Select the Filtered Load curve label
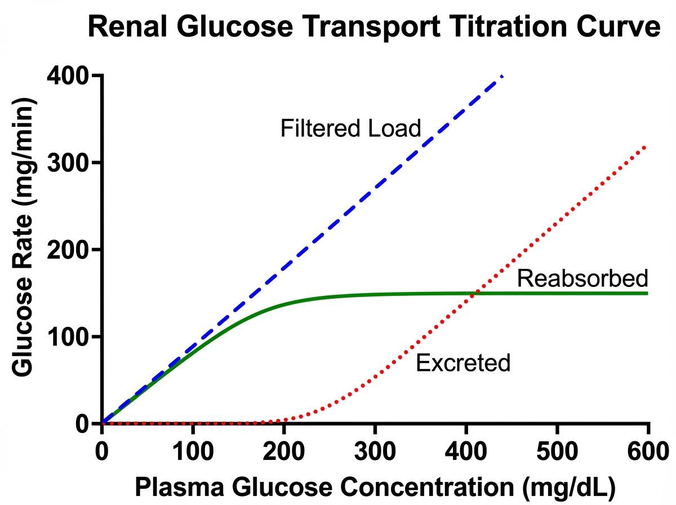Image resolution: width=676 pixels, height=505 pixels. (350, 129)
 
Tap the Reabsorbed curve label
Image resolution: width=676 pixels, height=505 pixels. (582, 278)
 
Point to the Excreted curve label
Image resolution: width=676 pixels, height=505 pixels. (462, 363)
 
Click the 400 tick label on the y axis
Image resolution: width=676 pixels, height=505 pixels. (72, 76)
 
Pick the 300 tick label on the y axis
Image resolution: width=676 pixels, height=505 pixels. (72, 163)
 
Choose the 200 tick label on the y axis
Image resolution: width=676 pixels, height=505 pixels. (72, 250)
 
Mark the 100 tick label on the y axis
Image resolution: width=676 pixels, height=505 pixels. (72, 337)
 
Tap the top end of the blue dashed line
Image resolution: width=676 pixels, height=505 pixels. (502, 76)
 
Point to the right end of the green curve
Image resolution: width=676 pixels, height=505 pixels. (647, 293)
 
